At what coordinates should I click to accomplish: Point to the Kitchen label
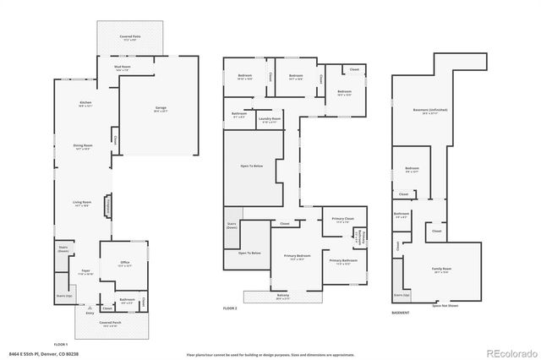click(85, 104)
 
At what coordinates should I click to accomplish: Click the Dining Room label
click(82, 146)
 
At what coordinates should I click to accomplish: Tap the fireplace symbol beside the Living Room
click(108, 206)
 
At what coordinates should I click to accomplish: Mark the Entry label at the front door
click(90, 314)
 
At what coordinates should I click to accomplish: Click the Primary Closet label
click(342, 219)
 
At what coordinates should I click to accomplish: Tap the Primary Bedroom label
click(298, 257)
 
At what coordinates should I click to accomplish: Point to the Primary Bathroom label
click(342, 262)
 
